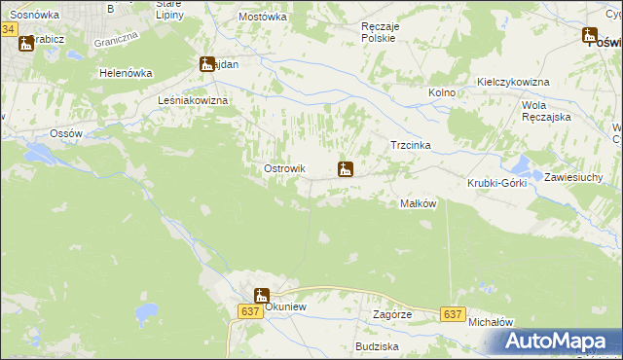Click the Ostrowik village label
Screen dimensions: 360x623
[x=285, y=169]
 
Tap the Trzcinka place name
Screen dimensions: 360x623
[x=410, y=145]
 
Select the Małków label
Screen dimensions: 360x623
[x=418, y=203]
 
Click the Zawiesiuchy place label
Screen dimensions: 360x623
[x=573, y=177]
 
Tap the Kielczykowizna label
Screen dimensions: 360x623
[x=514, y=83]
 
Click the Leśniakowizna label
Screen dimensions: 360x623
[x=192, y=101]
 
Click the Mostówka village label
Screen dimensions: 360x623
[x=263, y=18]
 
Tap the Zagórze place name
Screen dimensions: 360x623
[x=392, y=315]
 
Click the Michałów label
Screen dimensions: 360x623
[x=491, y=321]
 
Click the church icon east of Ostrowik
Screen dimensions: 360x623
[x=345, y=170]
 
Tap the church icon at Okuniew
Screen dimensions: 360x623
[x=262, y=296]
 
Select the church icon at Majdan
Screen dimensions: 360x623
[x=207, y=65]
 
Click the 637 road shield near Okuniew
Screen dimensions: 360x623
[x=249, y=310]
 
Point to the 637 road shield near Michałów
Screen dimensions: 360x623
[x=452, y=314]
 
